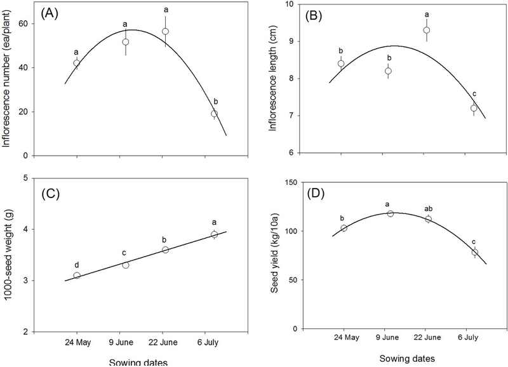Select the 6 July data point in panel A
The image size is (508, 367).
click(215, 114)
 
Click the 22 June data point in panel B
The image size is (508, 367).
click(427, 30)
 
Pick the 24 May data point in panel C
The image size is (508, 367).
click(77, 276)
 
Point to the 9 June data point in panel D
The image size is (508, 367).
click(391, 213)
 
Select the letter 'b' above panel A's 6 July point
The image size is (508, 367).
click(215, 101)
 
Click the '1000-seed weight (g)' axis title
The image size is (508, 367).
click(9, 254)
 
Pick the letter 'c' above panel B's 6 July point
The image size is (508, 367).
click(474, 94)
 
